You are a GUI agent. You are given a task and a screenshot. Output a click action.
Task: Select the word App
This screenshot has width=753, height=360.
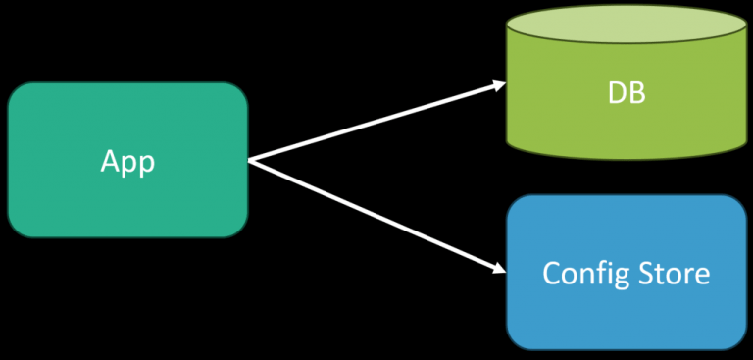pos(127,161)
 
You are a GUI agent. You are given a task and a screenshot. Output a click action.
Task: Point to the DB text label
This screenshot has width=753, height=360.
pos(627,95)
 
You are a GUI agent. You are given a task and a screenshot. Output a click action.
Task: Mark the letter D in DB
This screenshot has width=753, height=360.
pos(616,95)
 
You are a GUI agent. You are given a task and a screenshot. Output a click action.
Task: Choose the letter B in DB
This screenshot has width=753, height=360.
pos(637,95)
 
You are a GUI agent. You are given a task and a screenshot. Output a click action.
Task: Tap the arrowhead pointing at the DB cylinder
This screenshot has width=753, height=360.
pos(498,85)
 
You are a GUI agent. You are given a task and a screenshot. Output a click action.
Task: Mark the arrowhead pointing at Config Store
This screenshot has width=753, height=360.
pos(498,267)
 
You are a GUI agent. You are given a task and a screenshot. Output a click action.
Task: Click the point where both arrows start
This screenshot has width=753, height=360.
pos(250,161)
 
